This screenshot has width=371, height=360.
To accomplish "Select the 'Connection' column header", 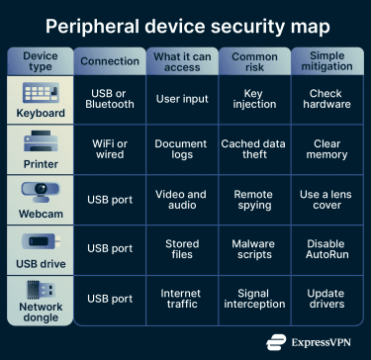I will click(x=109, y=61).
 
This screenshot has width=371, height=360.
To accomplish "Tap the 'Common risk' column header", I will click(x=253, y=61).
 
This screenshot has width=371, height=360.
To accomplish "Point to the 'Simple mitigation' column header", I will click(x=325, y=61).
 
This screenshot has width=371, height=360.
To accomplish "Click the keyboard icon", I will click(x=41, y=92).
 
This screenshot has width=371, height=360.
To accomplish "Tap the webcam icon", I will click(x=41, y=191).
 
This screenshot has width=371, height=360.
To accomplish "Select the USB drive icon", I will click(x=41, y=243).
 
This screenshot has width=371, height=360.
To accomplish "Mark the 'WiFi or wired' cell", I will click(x=109, y=149).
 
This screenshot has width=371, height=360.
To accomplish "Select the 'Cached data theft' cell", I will click(x=253, y=149).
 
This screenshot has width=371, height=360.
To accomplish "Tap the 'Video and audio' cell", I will click(x=181, y=200).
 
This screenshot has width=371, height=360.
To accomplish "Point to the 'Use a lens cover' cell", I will click(x=325, y=200).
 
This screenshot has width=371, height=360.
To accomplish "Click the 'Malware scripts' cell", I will click(x=253, y=249).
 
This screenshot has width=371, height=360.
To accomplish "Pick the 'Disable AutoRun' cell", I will click(x=325, y=249).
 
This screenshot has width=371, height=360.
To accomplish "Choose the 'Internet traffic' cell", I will click(x=181, y=300).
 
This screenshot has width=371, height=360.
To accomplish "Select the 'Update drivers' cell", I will click(x=325, y=300).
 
